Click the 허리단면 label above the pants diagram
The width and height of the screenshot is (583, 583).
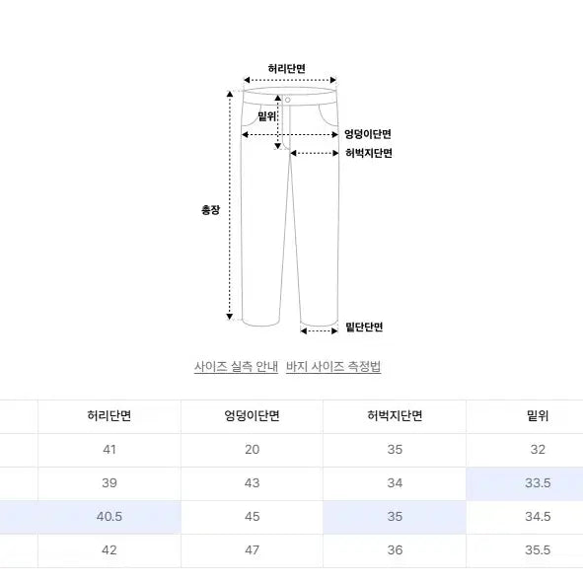(287, 68)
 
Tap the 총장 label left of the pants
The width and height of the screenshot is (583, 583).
(210, 210)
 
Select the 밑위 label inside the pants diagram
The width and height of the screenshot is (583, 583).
(266, 115)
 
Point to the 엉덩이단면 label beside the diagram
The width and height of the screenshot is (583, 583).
(368, 134)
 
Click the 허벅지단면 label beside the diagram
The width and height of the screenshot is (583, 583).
(368, 153)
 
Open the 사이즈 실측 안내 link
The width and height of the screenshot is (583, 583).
(236, 367)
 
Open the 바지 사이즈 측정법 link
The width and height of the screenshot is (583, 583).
(333, 367)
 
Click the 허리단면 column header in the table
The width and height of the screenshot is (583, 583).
(109, 416)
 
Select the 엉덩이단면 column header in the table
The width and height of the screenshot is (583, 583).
(253, 416)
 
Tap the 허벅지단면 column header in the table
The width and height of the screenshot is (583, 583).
(395, 416)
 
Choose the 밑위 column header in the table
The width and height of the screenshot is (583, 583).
(537, 416)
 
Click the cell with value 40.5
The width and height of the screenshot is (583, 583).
(109, 517)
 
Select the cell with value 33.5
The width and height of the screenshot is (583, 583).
(537, 483)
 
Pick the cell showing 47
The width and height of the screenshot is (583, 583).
(253, 550)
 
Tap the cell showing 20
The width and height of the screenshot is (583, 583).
(253, 450)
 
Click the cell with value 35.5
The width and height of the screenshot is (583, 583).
(537, 550)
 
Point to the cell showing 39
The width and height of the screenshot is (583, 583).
(109, 483)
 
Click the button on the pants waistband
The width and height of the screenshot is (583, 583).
(288, 99)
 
